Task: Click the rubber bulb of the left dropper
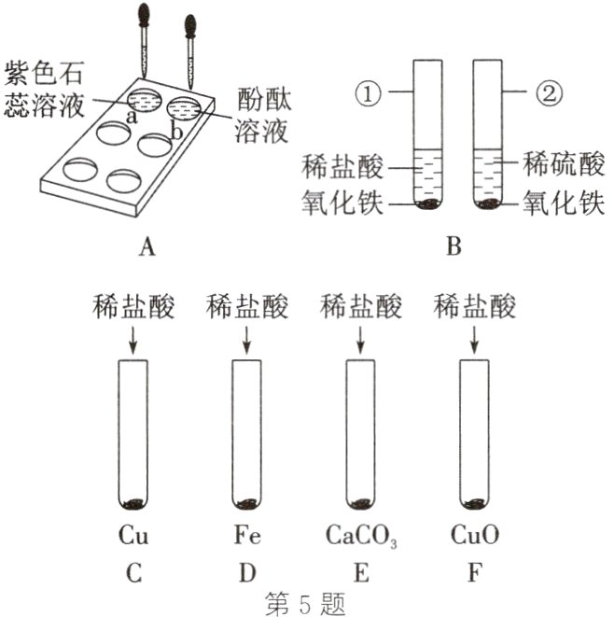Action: point(143,16)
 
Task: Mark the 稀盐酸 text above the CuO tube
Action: point(476,306)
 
